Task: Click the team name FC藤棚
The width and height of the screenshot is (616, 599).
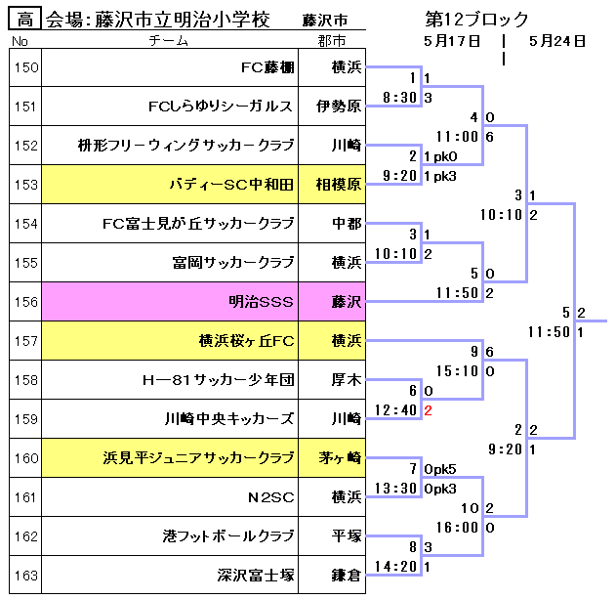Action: point(267,67)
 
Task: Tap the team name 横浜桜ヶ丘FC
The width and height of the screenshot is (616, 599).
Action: point(246,341)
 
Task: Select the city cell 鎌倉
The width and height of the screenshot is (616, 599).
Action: point(346,576)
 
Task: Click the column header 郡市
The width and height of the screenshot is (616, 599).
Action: point(332,41)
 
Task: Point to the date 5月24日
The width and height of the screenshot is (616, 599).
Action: point(556,41)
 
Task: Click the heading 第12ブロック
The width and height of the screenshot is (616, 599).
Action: point(477,19)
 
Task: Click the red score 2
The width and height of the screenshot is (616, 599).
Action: point(428,410)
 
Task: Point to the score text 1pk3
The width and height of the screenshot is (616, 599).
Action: point(441,176)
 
